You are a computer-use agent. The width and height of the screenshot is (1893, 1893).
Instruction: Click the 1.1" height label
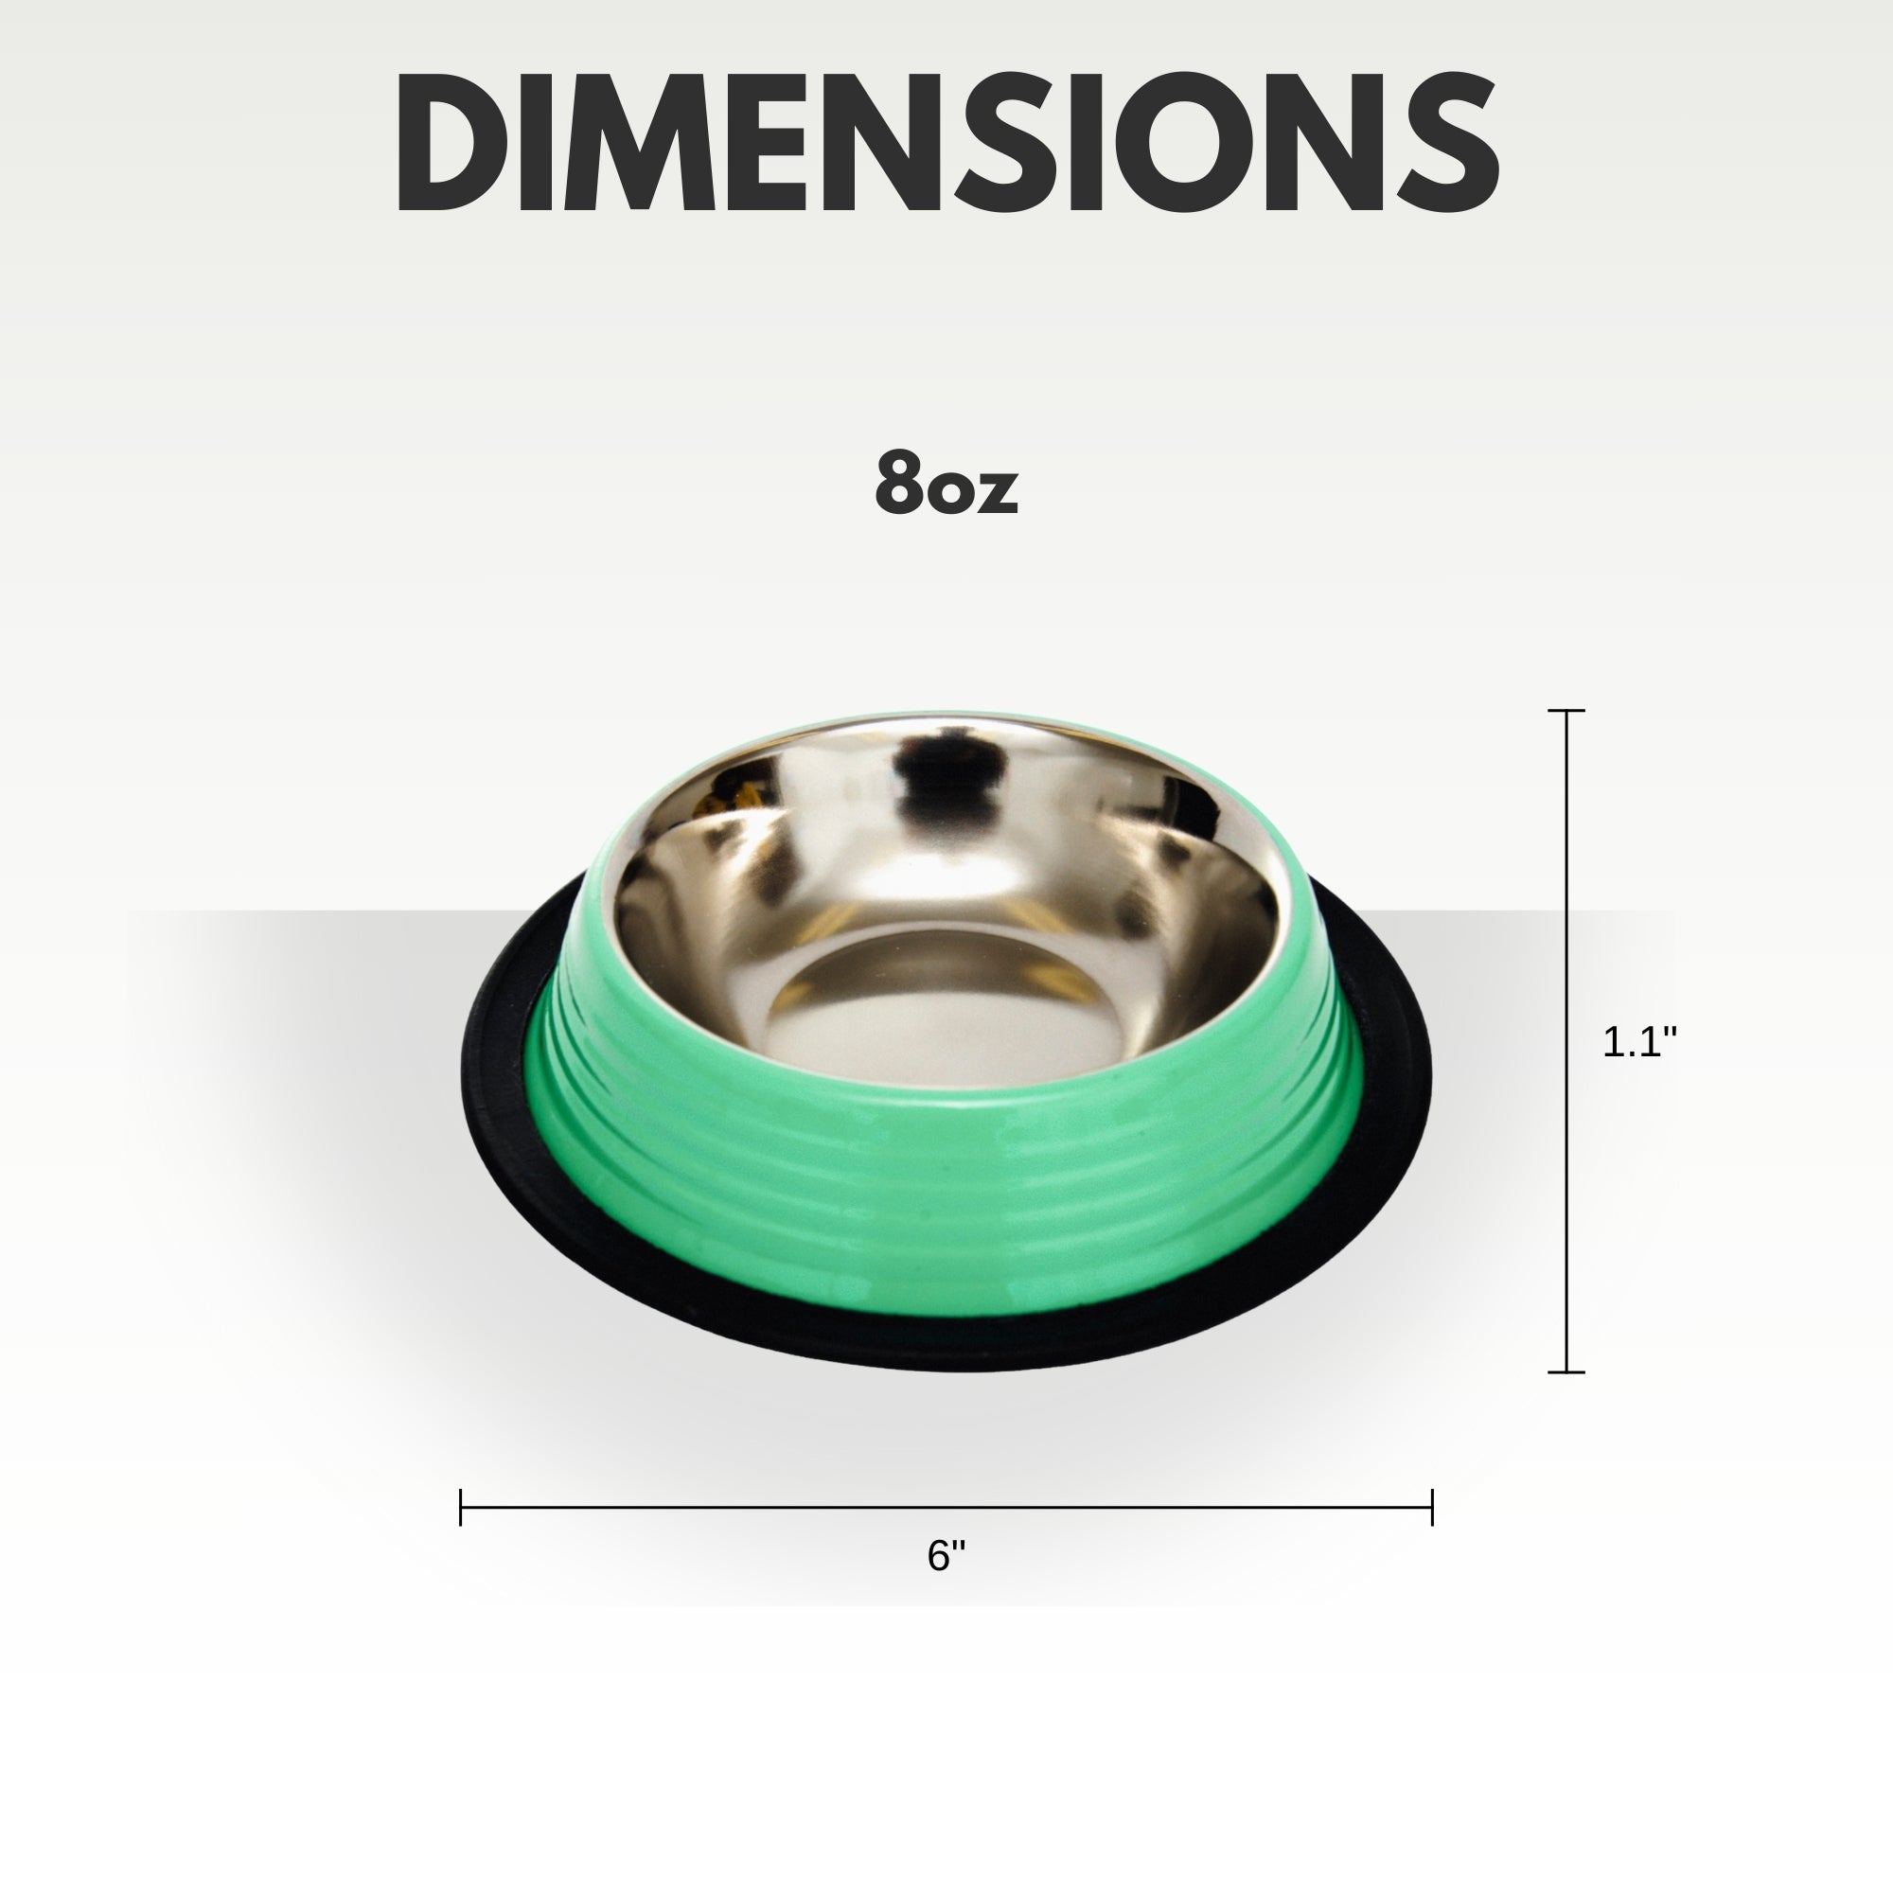[1639, 1041]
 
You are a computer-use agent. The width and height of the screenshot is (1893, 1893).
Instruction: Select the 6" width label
[946, 1555]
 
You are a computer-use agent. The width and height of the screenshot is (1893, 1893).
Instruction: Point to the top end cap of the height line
[1566, 711]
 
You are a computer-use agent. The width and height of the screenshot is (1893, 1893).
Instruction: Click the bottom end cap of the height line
[1566, 1372]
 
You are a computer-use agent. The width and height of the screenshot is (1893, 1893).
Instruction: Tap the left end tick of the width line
[461, 1507]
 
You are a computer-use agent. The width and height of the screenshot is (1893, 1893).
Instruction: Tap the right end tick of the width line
[1432, 1507]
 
